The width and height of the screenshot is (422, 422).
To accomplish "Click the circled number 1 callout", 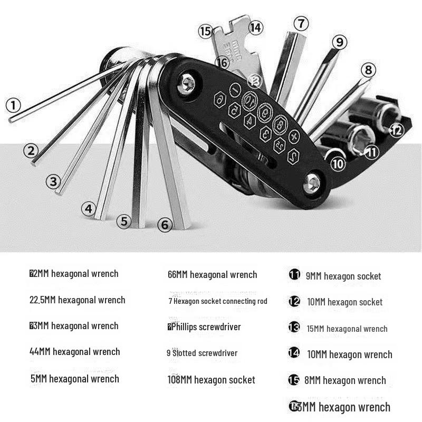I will point(13,104).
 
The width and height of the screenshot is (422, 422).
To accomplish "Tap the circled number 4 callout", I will point(88,208).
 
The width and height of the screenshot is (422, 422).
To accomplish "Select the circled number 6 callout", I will point(165,225).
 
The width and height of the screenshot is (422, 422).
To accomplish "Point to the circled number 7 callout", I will point(301,24).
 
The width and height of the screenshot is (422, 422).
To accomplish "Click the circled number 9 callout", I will point(339,42).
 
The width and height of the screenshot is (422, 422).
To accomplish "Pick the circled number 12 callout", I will point(397,129).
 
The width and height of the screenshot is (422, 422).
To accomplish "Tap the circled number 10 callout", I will point(338,164).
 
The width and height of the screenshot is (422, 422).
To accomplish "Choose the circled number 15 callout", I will point(205,31).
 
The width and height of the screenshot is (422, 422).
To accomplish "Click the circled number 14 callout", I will point(256,27).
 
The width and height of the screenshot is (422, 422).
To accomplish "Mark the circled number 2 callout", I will point(31,150).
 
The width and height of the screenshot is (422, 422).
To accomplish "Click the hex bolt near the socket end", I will point(313,183).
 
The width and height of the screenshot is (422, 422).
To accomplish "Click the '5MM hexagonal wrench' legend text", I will point(75,379).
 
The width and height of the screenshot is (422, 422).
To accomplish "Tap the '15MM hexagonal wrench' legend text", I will point(347,329).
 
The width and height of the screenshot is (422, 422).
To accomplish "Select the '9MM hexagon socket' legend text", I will point(343,276).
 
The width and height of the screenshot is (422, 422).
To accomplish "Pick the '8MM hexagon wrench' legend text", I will point(345,380).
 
